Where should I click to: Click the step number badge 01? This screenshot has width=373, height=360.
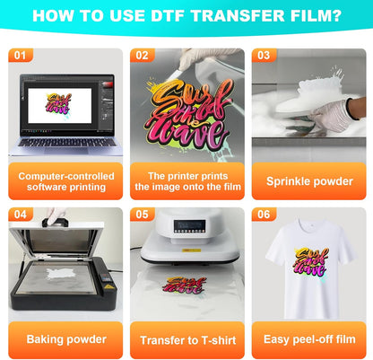coord(21,56)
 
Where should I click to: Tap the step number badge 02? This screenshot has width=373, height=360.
coord(143,56)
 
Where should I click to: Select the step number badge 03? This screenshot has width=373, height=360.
coord(264,56)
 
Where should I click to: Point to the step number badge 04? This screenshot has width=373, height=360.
coord(21,215)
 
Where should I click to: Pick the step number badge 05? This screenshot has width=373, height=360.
coord(143,215)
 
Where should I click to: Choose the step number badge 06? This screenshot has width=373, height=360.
coord(264,215)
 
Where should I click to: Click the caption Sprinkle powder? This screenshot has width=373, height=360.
coord(309,181)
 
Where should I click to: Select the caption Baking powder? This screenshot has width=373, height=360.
coord(66,339)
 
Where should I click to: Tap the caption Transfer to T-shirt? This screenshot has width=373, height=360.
coord(188,340)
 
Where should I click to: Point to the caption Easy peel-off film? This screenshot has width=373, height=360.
coord(309,339)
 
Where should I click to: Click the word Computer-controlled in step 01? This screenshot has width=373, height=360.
coord(66,176)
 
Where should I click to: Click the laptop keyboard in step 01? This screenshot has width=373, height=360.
coord(67,142)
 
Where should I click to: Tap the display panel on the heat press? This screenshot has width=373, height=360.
coord(189,227)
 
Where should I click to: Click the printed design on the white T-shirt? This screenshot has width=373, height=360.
coord(311,261)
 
